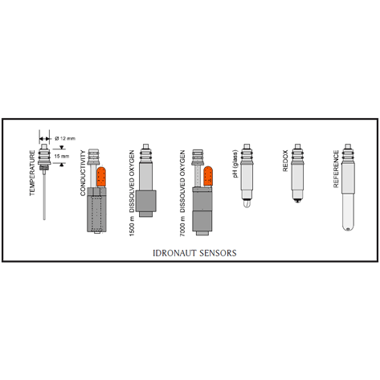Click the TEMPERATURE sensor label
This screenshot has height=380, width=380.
coord(32,173)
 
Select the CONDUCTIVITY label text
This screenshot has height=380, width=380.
coord(83,173)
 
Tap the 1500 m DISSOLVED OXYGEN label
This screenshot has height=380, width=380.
coord(132,193)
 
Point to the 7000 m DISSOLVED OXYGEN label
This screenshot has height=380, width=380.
coord(182,193)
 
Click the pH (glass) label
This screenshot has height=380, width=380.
coord(235,164)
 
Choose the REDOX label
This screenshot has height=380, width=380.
coord(285,161)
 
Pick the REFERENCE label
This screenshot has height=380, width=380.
coord(336,169)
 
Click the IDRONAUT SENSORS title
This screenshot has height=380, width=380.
coord(194,253)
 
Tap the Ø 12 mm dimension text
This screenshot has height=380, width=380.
coord(65,138)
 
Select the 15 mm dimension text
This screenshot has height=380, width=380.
coord(62,156)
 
